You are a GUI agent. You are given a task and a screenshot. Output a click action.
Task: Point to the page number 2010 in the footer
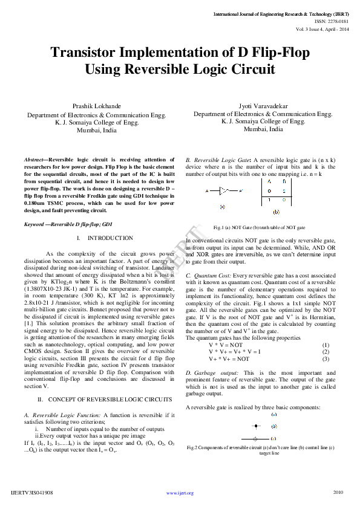[338, 492]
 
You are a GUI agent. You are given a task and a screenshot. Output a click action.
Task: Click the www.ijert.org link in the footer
[180, 493]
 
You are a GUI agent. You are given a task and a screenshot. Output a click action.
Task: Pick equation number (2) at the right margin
[326, 351]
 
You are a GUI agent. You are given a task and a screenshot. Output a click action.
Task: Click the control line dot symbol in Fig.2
[256, 426]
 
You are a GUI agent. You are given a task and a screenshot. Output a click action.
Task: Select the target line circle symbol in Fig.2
[256, 438]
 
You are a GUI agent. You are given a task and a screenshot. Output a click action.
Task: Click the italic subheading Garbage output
[212, 373]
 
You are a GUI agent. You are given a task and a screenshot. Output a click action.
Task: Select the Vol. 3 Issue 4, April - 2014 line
[322, 28]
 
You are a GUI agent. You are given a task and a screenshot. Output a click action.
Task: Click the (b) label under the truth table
[277, 212]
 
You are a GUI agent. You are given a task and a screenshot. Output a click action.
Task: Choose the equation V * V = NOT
[226, 345]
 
